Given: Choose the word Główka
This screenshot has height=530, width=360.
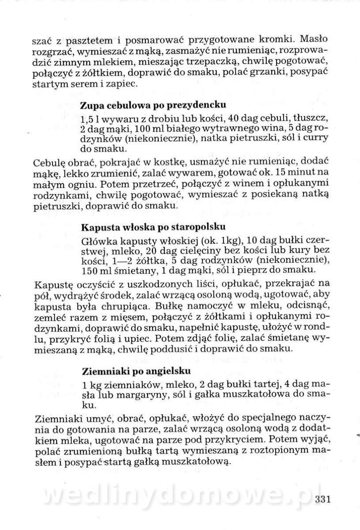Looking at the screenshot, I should [97, 241].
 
